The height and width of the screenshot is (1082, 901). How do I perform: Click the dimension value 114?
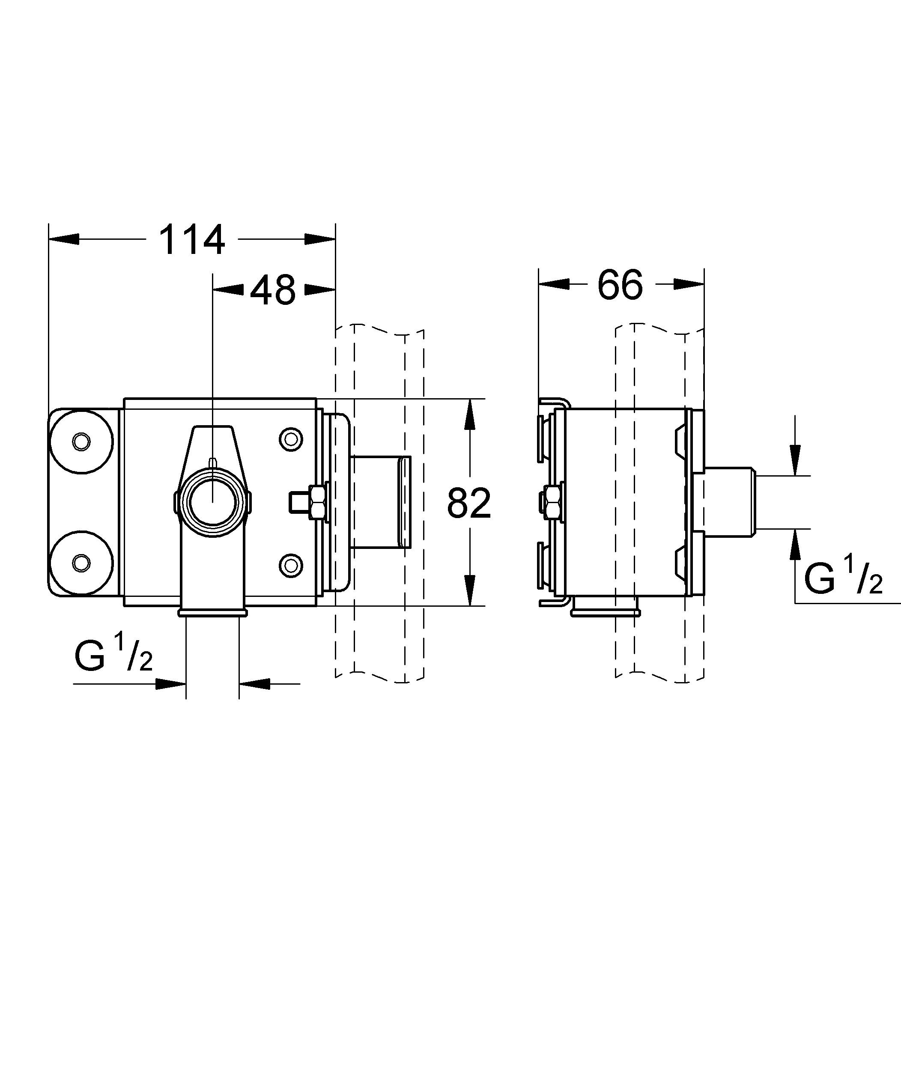(x=192, y=240)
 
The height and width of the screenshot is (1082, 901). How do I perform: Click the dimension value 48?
(x=273, y=290)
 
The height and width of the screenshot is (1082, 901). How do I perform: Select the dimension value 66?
(x=620, y=284)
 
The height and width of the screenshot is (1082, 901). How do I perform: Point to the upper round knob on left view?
(x=81, y=441)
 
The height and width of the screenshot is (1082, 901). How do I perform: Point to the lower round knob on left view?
(x=81, y=562)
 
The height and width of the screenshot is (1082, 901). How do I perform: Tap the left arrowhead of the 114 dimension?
(x=64, y=239)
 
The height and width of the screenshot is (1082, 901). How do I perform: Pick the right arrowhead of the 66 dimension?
(x=689, y=284)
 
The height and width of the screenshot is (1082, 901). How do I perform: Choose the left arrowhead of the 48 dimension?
(x=228, y=290)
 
